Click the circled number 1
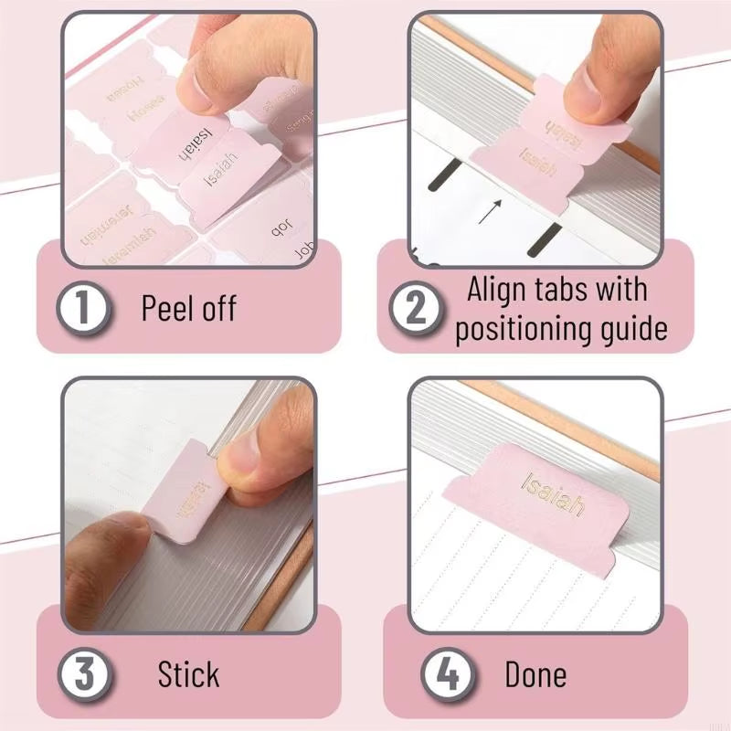pyautogui.click(x=84, y=308)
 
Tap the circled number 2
pyautogui.click(x=417, y=308)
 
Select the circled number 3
pyautogui.click(x=84, y=674)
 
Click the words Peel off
pyautogui.click(x=188, y=308)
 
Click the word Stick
pyautogui.click(x=188, y=675)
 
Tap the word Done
pyautogui.click(x=535, y=675)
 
